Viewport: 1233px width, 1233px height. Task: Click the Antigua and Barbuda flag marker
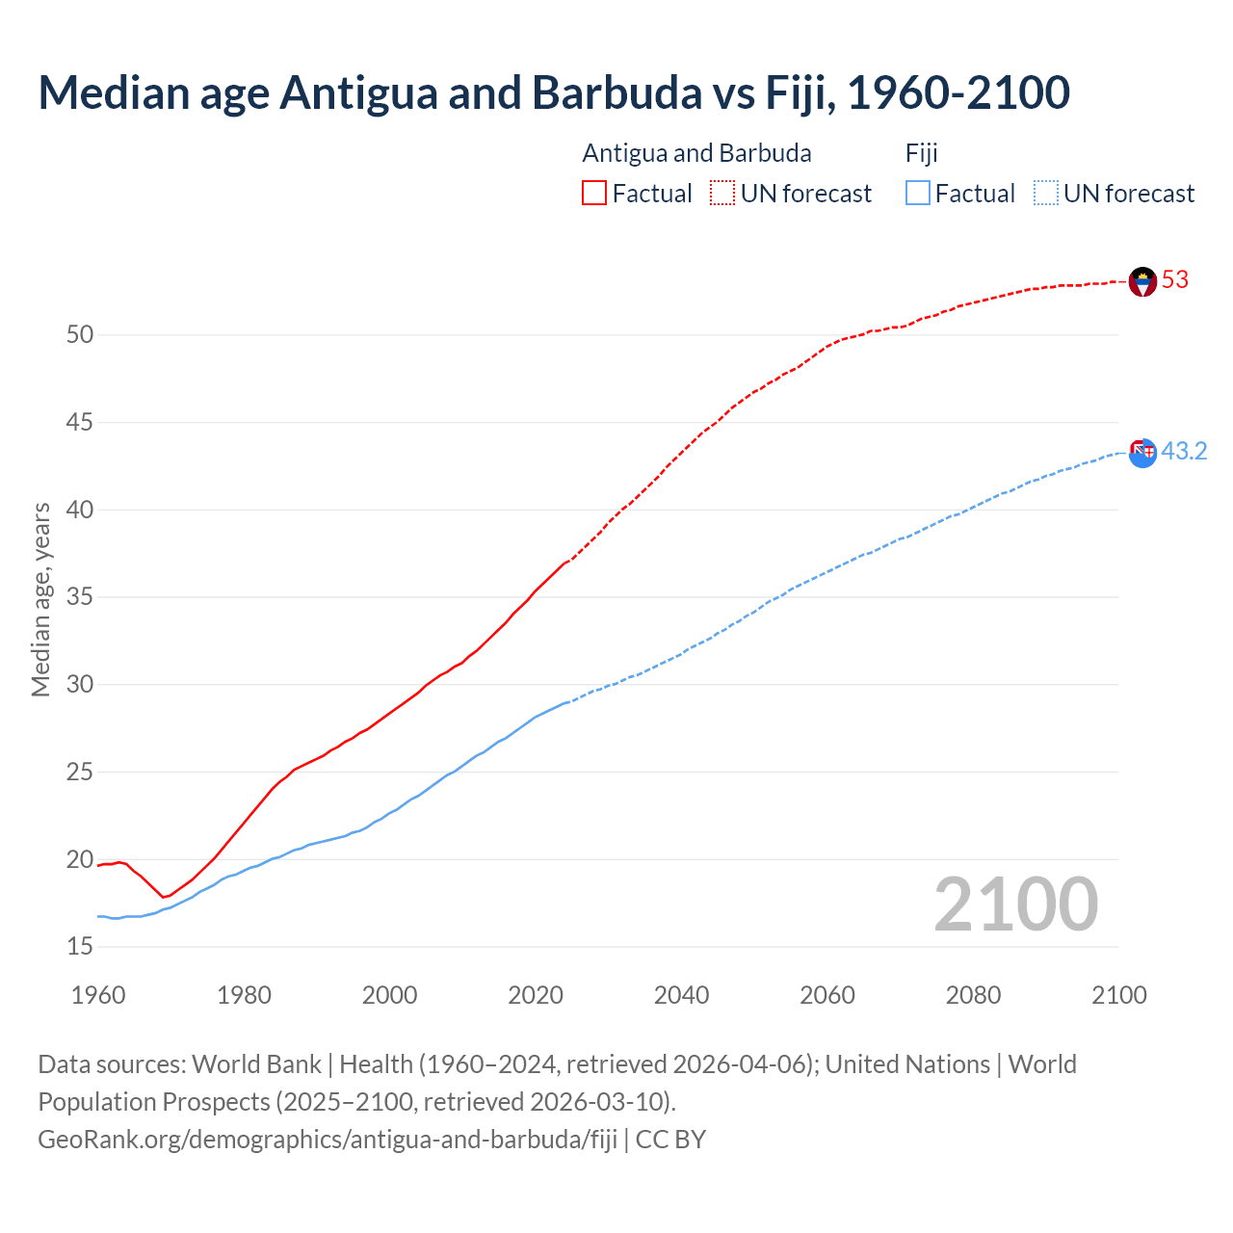coord(1142,281)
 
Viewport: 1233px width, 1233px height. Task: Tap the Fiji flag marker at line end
coord(1142,453)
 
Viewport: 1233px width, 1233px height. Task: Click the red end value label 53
coord(1175,280)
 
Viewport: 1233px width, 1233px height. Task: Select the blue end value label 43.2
coord(1184,452)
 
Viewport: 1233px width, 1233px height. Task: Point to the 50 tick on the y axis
coord(80,335)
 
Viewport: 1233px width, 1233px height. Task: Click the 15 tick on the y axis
coord(80,947)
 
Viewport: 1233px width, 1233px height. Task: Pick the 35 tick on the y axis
coord(80,597)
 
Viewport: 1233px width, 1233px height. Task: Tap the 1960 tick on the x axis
coord(98,995)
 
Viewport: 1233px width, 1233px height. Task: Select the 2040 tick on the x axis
coord(681,995)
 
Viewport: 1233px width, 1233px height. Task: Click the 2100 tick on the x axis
coord(1118,995)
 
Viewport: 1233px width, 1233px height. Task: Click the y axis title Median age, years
coord(40,599)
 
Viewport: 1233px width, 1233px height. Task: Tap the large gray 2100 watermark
coord(1015,905)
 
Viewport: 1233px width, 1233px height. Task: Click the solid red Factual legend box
coord(594,194)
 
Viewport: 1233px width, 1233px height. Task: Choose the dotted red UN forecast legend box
coord(722,194)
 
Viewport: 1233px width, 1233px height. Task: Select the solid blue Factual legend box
coord(918,194)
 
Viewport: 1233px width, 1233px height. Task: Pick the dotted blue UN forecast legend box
coord(1045,194)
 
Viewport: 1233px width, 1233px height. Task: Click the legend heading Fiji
coord(921,153)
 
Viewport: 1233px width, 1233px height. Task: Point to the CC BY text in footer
coord(670,1140)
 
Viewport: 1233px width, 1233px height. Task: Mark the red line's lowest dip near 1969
coord(164,898)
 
